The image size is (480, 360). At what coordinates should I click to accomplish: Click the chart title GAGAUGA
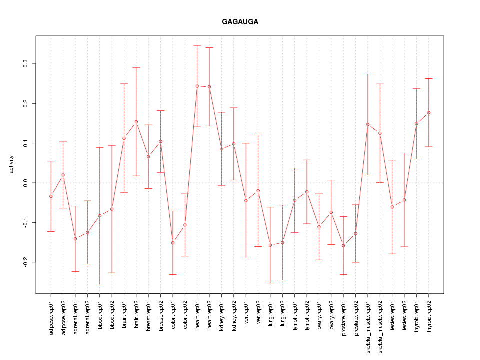[x=240, y=22]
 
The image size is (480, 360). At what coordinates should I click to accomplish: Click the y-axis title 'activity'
[x=11, y=164]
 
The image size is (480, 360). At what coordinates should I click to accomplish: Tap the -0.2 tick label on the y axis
[x=26, y=262]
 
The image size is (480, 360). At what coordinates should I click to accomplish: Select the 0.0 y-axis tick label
[x=26, y=183]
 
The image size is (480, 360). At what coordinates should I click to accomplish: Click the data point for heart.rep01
[x=197, y=86]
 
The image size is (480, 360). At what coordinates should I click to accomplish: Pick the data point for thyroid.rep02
[x=428, y=113]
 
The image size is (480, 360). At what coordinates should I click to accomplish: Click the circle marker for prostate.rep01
[x=343, y=245]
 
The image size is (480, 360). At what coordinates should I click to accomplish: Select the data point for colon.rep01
[x=173, y=243]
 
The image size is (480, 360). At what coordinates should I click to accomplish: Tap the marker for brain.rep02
[x=136, y=122]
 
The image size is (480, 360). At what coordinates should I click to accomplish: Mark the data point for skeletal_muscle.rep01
[x=368, y=124]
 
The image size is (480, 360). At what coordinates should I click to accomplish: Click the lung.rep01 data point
[x=270, y=245]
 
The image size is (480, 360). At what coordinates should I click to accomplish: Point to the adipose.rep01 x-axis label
[x=51, y=315]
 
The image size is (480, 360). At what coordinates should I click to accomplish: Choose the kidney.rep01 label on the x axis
[x=222, y=314]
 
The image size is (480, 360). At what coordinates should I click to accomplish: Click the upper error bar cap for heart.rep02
[x=209, y=47]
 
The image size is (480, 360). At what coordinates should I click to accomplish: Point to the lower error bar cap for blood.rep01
[x=100, y=284]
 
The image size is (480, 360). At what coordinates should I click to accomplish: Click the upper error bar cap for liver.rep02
[x=258, y=135]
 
